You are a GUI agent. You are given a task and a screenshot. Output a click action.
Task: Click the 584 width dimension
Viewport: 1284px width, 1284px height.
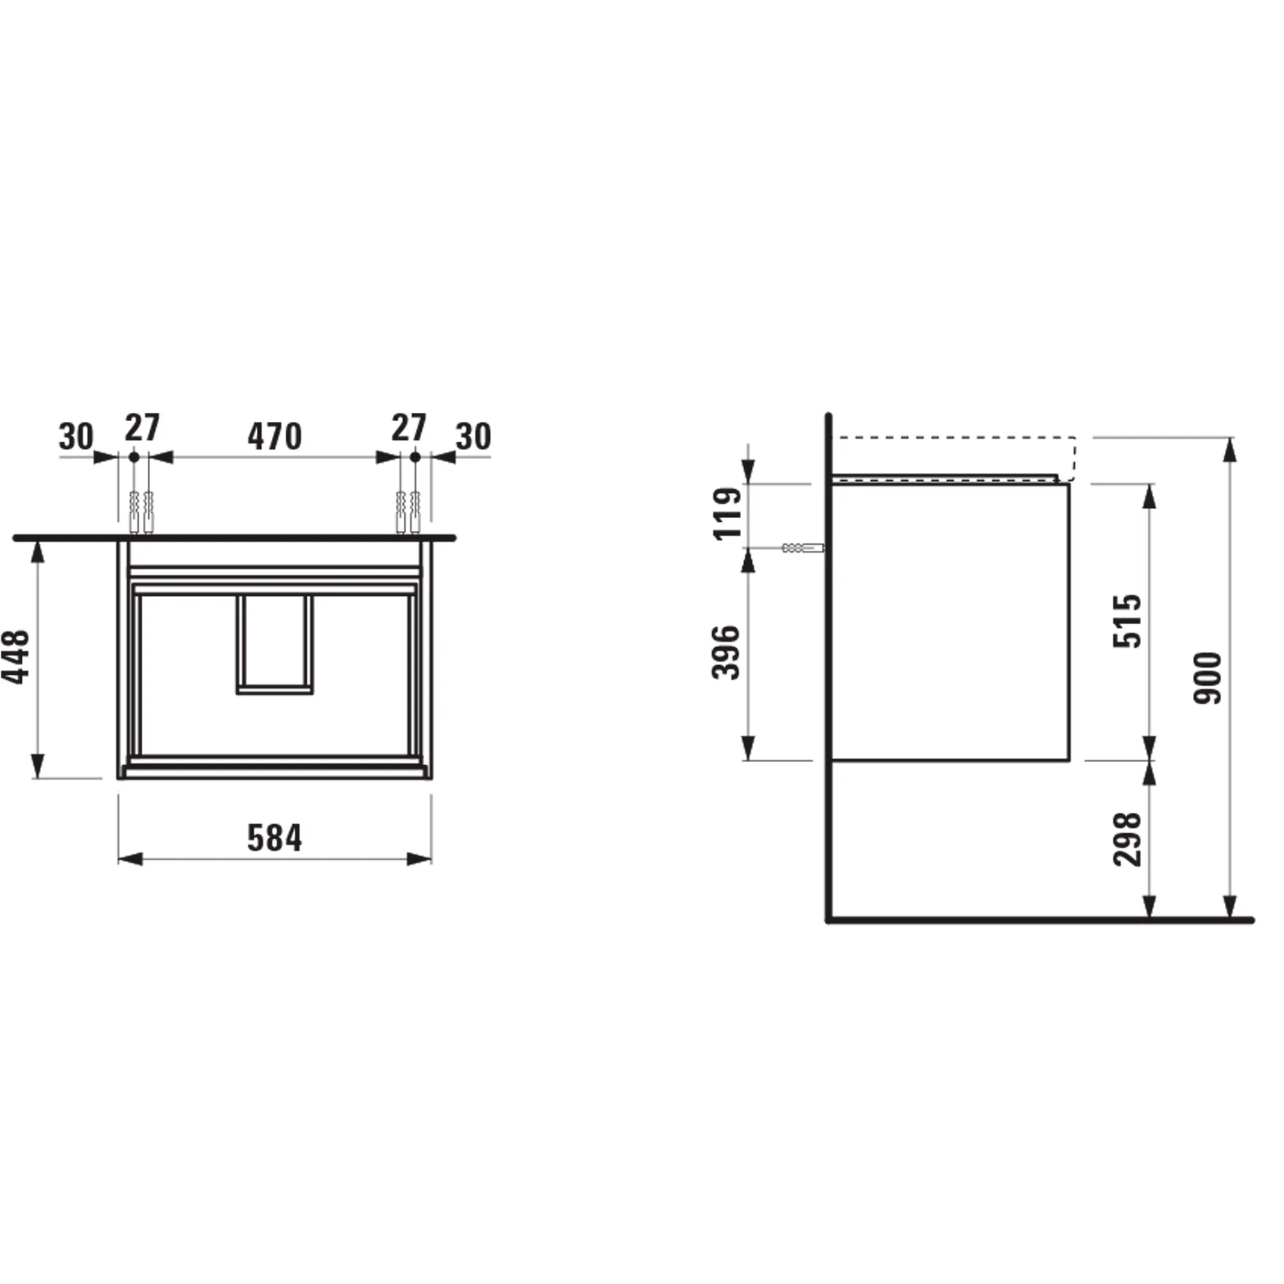[275, 838]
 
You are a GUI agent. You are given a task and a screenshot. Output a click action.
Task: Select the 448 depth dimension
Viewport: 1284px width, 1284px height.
[16, 657]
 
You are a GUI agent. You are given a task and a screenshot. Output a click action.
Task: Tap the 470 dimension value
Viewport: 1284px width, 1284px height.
[275, 437]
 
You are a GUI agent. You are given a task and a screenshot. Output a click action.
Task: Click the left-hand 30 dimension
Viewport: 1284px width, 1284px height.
[76, 437]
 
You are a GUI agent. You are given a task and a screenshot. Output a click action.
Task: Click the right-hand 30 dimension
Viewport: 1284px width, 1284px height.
[473, 437]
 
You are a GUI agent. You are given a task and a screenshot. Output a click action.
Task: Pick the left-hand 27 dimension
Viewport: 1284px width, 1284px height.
[143, 428]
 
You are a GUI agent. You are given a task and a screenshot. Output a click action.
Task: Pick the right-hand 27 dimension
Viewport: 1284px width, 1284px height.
[408, 428]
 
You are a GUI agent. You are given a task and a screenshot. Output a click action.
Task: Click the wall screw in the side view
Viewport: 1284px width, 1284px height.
[803, 548]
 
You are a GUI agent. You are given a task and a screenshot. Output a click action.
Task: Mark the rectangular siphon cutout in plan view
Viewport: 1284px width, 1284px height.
[275, 644]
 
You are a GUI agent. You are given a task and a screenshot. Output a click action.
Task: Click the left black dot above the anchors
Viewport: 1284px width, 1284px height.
[134, 457]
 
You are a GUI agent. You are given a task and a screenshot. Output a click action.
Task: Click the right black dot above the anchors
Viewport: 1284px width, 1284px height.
[415, 457]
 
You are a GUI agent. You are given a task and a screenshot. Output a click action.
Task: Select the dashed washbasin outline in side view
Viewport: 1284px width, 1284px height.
[955, 438]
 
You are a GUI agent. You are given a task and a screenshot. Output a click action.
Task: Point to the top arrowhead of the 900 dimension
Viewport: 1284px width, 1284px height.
[1231, 449]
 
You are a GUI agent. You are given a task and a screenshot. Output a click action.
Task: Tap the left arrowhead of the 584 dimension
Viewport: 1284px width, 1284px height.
[130, 860]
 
